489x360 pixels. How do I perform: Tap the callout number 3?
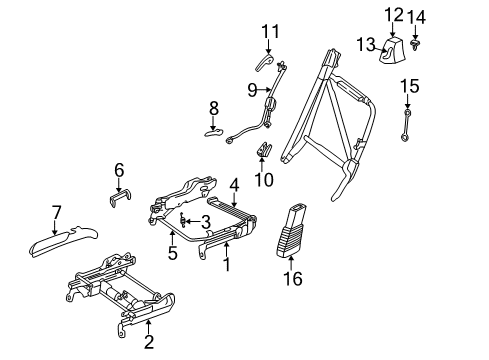click(204, 221)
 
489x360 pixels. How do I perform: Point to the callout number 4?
click(233, 184)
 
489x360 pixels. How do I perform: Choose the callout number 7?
click(57, 211)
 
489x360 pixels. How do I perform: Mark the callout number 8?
click(212, 106)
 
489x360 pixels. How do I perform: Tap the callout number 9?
click(253, 89)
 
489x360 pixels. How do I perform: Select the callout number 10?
click(264, 180)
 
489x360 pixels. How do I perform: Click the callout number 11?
click(266, 33)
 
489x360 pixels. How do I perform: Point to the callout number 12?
click(393, 14)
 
